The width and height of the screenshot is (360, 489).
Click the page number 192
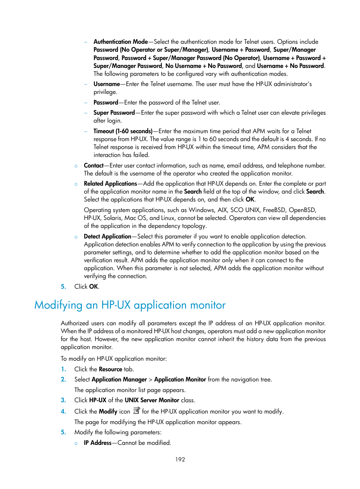(x=180, y=459)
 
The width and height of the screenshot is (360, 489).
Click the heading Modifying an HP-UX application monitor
(x=130, y=305)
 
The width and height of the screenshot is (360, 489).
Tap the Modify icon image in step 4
(x=137, y=411)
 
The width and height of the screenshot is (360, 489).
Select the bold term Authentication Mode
(x=120, y=42)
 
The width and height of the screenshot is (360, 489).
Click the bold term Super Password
(x=114, y=112)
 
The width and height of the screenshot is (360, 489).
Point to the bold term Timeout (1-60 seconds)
(x=123, y=131)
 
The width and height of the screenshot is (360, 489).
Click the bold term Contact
(x=94, y=165)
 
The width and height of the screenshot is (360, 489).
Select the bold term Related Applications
(x=110, y=183)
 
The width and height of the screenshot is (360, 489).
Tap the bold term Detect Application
(x=107, y=236)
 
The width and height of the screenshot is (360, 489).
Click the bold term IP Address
(x=97, y=443)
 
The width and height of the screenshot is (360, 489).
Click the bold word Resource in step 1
(x=110, y=369)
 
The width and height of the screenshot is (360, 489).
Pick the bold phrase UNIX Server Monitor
(x=152, y=400)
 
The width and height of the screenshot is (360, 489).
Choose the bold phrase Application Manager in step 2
(x=119, y=379)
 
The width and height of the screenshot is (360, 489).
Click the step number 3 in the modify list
(x=63, y=400)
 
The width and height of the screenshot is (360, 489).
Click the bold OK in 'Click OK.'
(x=94, y=286)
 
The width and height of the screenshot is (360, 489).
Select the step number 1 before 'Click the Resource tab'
(x=63, y=369)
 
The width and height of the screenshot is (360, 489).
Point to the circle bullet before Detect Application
(x=76, y=237)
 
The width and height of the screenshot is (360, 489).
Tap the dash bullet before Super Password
(x=86, y=112)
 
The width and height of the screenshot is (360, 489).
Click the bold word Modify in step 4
(x=108, y=411)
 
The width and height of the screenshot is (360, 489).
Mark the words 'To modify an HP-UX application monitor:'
(x=114, y=358)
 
